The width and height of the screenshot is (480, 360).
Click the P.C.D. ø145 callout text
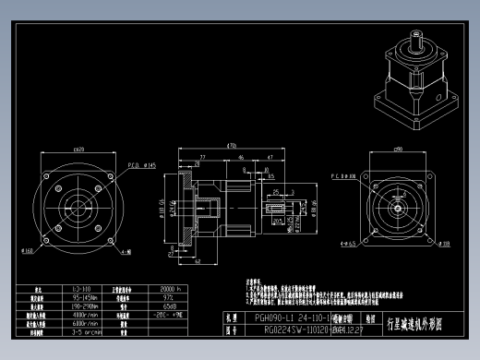point(136,165)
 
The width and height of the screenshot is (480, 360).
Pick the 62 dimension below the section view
point(198,261)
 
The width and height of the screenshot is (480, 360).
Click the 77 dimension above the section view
point(201,159)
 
